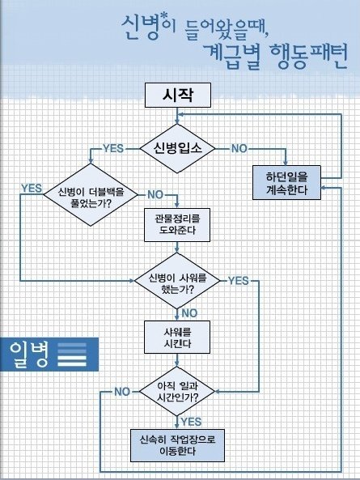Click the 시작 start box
click(178, 95)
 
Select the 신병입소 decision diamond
click(177, 148)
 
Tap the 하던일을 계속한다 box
click(286, 183)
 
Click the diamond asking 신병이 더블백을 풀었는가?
click(91, 195)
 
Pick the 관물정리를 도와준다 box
click(177, 225)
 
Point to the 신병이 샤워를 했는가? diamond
click(177, 281)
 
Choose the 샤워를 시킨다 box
click(177, 337)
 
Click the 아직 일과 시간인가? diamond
click(177, 391)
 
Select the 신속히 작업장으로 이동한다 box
click(177, 445)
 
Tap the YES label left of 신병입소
click(113, 148)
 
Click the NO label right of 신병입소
click(239, 148)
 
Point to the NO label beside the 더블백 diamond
click(155, 194)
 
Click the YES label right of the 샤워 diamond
click(239, 280)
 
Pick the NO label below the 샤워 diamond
click(189, 313)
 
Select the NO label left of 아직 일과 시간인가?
click(122, 392)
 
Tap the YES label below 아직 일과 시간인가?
click(191, 422)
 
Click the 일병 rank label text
click(29, 355)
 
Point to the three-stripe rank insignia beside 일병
click(72, 355)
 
